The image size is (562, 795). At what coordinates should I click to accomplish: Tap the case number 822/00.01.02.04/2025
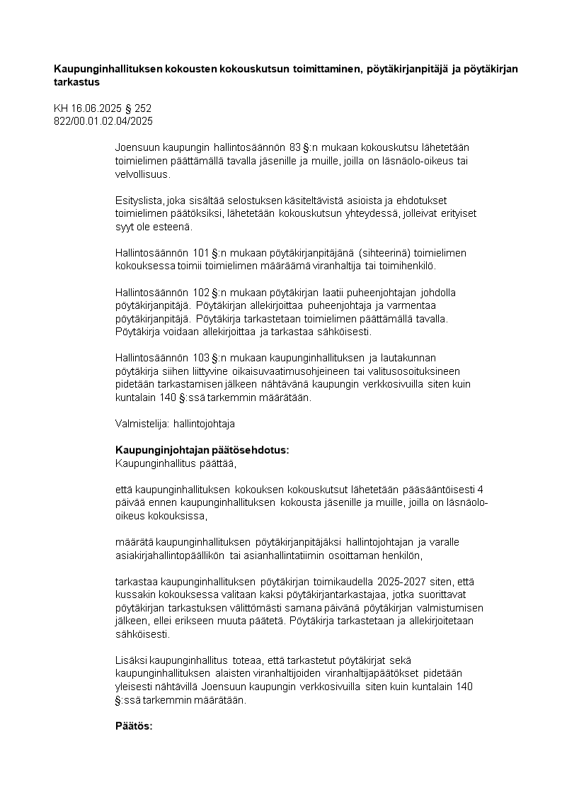(103, 120)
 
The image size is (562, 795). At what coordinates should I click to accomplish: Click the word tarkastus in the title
(77, 81)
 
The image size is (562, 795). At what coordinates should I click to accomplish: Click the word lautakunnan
(420, 358)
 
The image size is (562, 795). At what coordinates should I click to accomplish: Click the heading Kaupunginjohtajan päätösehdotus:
(202, 451)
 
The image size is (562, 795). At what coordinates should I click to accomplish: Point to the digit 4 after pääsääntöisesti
(481, 490)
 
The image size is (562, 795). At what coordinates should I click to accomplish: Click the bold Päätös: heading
(134, 726)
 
